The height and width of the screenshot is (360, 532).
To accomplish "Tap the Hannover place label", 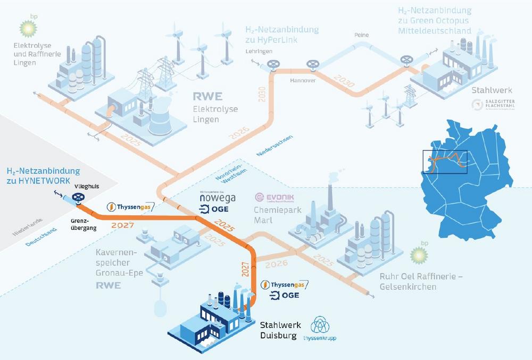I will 303,81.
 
